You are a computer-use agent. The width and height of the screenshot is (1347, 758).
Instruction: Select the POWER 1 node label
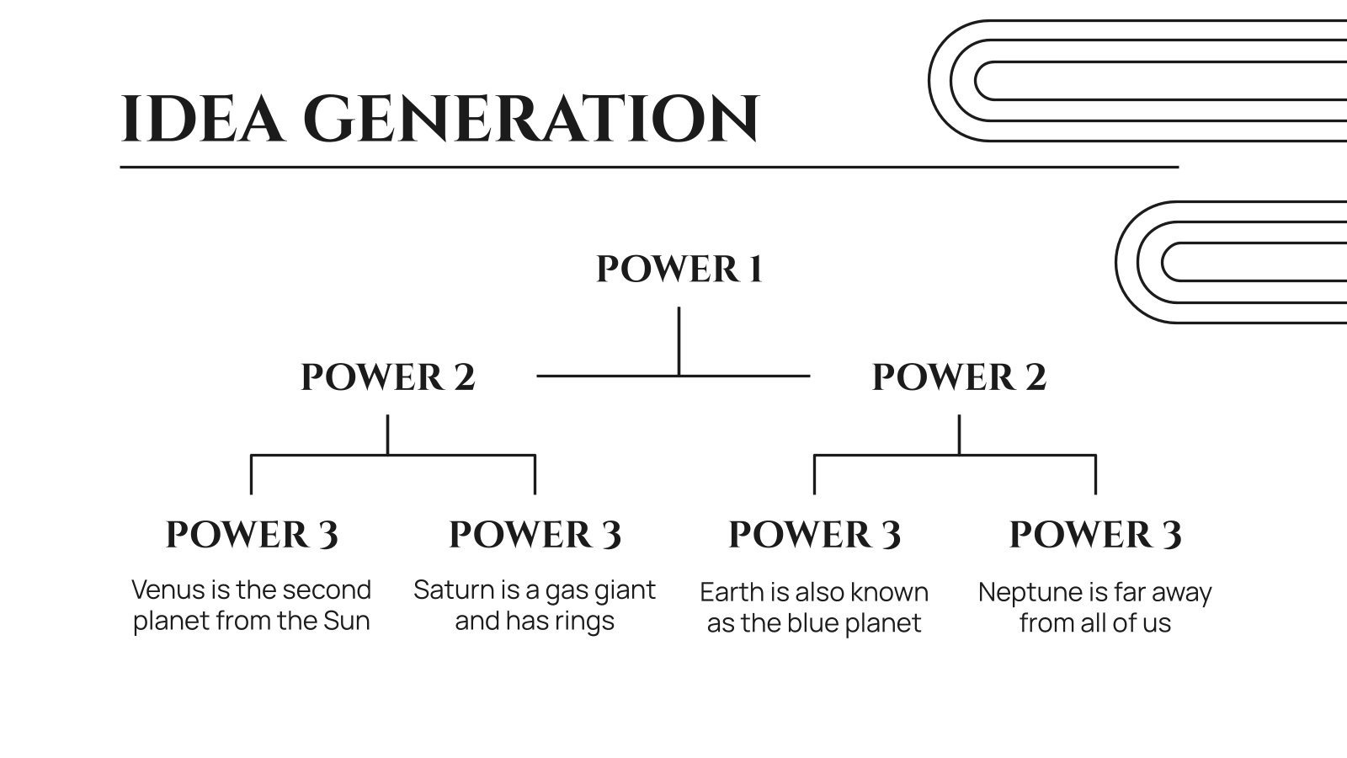pos(679,270)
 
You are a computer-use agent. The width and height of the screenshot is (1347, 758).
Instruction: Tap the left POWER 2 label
pos(388,377)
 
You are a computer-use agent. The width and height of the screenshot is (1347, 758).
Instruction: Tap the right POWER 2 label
pos(959,377)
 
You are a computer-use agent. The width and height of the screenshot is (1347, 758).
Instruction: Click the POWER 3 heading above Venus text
pos(252,535)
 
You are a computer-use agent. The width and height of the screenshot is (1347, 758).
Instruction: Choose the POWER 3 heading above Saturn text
pos(535,535)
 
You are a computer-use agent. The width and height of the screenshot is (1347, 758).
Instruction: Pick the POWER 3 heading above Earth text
pos(814,535)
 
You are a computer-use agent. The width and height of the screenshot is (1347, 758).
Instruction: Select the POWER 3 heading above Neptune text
pos(1095,535)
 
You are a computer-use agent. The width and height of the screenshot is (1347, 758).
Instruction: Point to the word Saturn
pos(453,590)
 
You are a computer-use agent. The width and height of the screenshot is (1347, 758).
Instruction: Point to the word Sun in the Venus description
pos(347,622)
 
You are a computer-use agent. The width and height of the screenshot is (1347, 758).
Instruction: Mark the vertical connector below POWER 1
pos(679,340)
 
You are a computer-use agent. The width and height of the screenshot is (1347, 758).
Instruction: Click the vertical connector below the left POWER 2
pos(387,435)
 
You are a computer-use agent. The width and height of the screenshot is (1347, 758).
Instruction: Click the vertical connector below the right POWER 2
pos(959,435)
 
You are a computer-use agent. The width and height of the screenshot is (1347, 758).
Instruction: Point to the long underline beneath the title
pos(648,167)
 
